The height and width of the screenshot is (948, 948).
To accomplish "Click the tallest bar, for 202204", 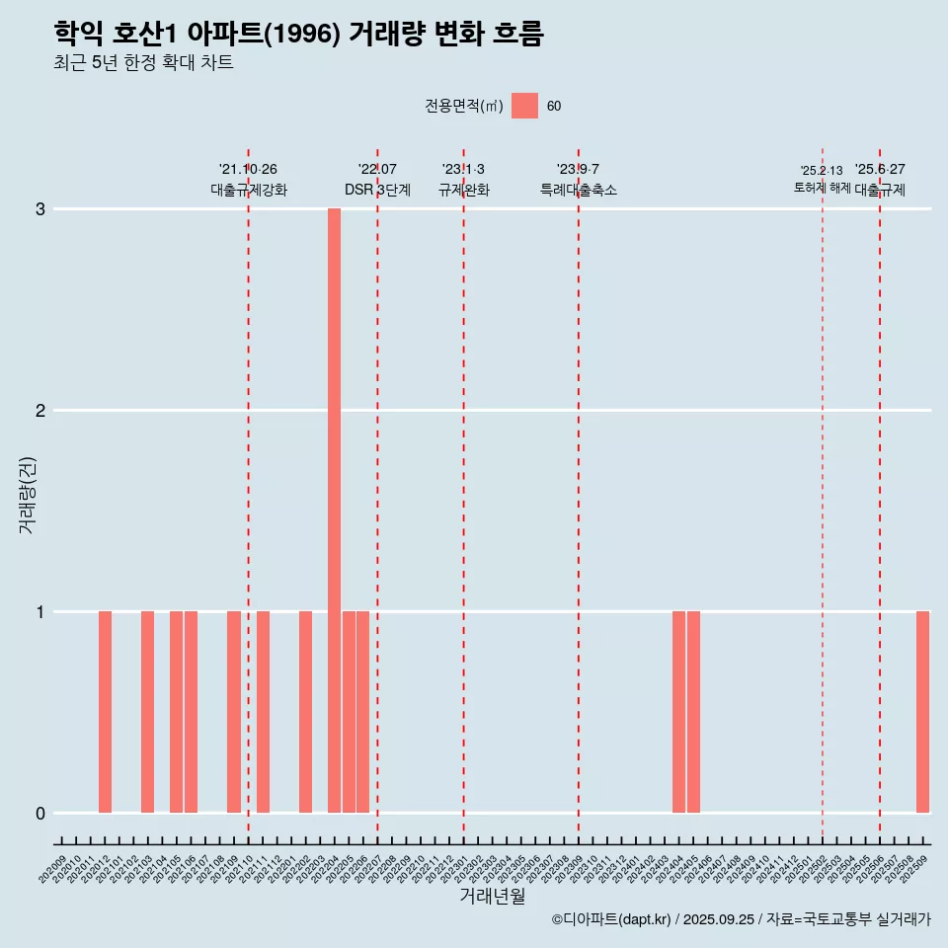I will click(x=334, y=511).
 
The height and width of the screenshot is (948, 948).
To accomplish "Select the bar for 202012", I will click(x=105, y=712).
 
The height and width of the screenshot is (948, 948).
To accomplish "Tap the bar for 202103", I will click(x=147, y=712).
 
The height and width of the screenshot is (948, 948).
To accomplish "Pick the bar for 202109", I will click(x=234, y=712).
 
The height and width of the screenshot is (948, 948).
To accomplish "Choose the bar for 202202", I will click(x=305, y=712).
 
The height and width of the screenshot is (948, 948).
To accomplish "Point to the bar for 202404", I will click(x=678, y=712).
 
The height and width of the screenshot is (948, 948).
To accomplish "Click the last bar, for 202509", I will click(x=922, y=712).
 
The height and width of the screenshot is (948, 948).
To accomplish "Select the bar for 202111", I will click(x=263, y=712).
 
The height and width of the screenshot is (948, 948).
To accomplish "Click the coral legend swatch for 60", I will click(x=524, y=106).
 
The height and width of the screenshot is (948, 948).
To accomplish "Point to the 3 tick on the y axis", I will click(x=40, y=209).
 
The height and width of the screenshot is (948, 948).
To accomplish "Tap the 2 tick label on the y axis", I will click(x=40, y=411).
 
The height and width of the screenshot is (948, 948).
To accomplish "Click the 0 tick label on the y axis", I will click(x=40, y=814).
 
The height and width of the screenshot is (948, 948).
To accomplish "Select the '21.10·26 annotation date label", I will click(x=248, y=170).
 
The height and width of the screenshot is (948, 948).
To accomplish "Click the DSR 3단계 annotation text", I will click(x=377, y=190).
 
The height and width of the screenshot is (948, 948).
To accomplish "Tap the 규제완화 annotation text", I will click(x=464, y=190).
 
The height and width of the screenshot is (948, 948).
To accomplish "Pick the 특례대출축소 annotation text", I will click(x=579, y=190).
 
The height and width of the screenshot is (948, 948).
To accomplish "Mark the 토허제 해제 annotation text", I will click(x=822, y=187).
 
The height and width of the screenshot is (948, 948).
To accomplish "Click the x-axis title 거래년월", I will click(x=492, y=897).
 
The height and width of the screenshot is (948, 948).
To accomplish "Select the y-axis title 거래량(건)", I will click(x=27, y=494).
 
